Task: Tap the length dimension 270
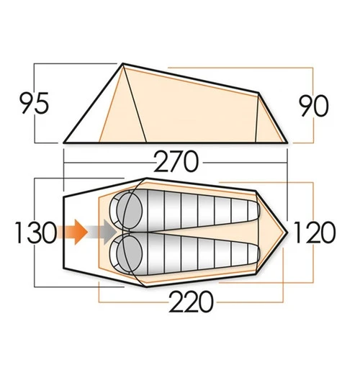point(175,162)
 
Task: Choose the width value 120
point(315,233)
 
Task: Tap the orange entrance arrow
point(75,232)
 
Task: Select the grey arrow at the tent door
point(104,232)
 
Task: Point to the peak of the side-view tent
point(122,64)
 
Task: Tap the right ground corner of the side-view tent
point(287,142)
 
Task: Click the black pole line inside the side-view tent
point(135,104)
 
